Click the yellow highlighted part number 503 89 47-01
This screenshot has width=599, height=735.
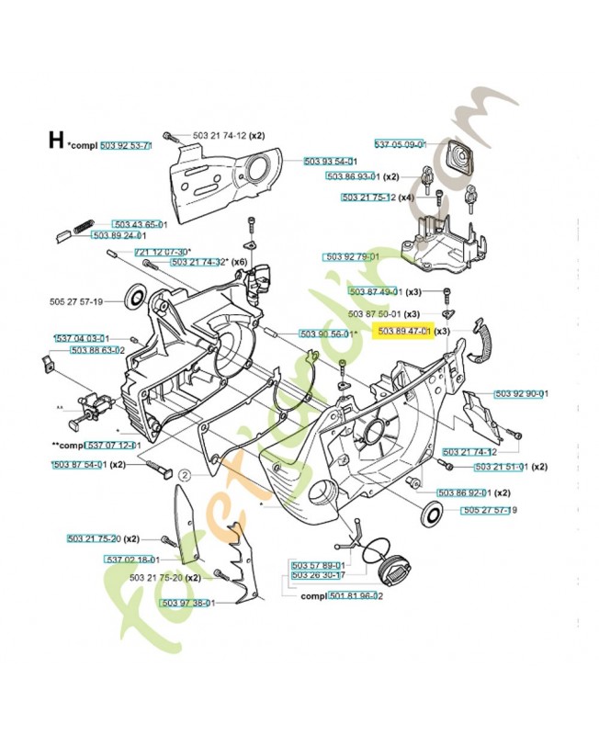tap(401, 331)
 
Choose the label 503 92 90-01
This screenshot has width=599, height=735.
tap(522, 394)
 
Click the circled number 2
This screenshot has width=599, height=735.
tap(184, 475)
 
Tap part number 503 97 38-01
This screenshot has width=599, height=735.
tap(187, 603)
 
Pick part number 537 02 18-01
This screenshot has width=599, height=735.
tap(133, 559)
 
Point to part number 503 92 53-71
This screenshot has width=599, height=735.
tap(126, 145)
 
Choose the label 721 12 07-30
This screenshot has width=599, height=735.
tap(162, 252)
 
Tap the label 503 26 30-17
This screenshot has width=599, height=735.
tap(318, 575)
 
